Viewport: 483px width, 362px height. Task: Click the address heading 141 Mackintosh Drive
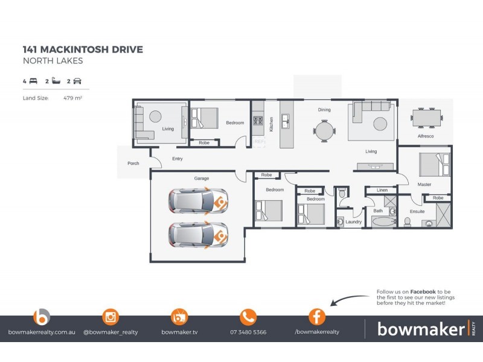point(83,49)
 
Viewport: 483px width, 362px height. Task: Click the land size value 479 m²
point(72,97)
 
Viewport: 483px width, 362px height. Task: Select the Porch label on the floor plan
point(133,164)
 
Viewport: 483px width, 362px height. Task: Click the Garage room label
point(201,179)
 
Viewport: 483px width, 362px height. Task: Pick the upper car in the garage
point(197,202)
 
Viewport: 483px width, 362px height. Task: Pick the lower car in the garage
point(197,235)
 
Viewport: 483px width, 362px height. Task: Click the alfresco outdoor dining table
point(426,117)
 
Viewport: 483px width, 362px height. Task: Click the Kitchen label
point(272,124)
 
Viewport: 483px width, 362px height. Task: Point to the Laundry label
point(353,222)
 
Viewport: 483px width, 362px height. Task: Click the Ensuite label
point(417,212)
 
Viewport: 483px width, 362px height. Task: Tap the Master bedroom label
point(424,185)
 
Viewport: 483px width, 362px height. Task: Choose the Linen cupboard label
point(382,191)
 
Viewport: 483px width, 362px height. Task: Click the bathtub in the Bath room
point(383,222)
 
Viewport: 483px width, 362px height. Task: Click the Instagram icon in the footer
point(110,316)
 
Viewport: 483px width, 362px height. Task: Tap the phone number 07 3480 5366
point(248,332)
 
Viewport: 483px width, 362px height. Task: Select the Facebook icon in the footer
point(317,316)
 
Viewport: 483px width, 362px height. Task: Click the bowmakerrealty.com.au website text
point(42,332)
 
